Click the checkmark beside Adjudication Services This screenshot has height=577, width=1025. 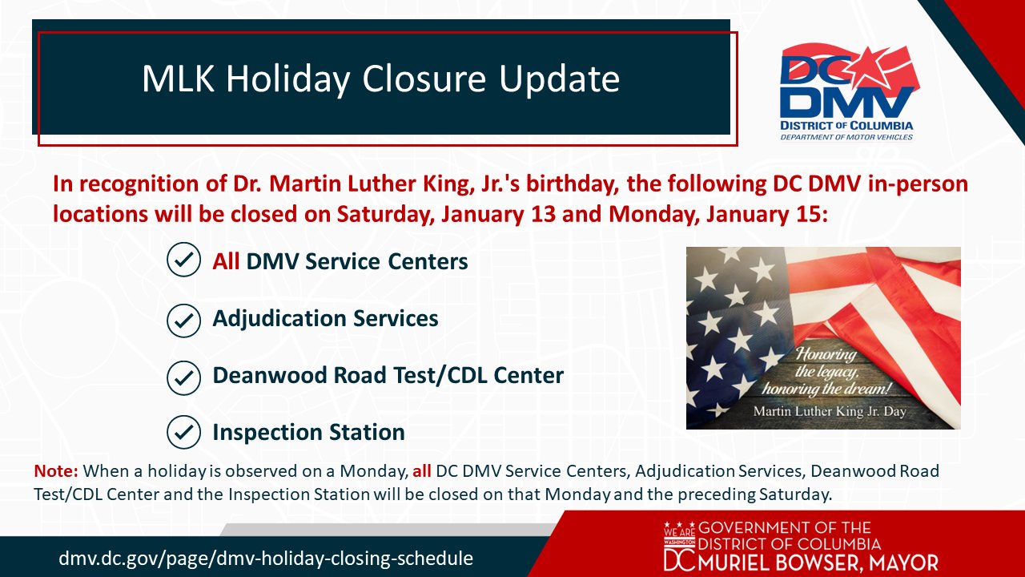point(183,321)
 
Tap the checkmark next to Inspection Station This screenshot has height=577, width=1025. point(183,432)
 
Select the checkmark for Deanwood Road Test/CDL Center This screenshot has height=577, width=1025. point(183,377)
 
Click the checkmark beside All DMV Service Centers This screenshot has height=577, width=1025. point(183,259)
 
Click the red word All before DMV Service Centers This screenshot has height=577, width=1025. point(226,261)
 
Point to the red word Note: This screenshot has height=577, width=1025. point(56,470)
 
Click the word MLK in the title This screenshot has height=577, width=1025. point(178,79)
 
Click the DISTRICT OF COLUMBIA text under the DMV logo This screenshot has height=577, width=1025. point(846,126)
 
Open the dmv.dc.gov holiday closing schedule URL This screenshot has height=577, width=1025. point(266,559)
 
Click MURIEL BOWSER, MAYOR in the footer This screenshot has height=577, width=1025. point(818,563)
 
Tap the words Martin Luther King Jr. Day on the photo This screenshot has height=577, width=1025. point(830,411)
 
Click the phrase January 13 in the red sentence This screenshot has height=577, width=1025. point(498,214)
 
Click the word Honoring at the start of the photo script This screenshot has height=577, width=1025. point(826,354)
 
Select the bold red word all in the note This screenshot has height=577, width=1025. point(421,470)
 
